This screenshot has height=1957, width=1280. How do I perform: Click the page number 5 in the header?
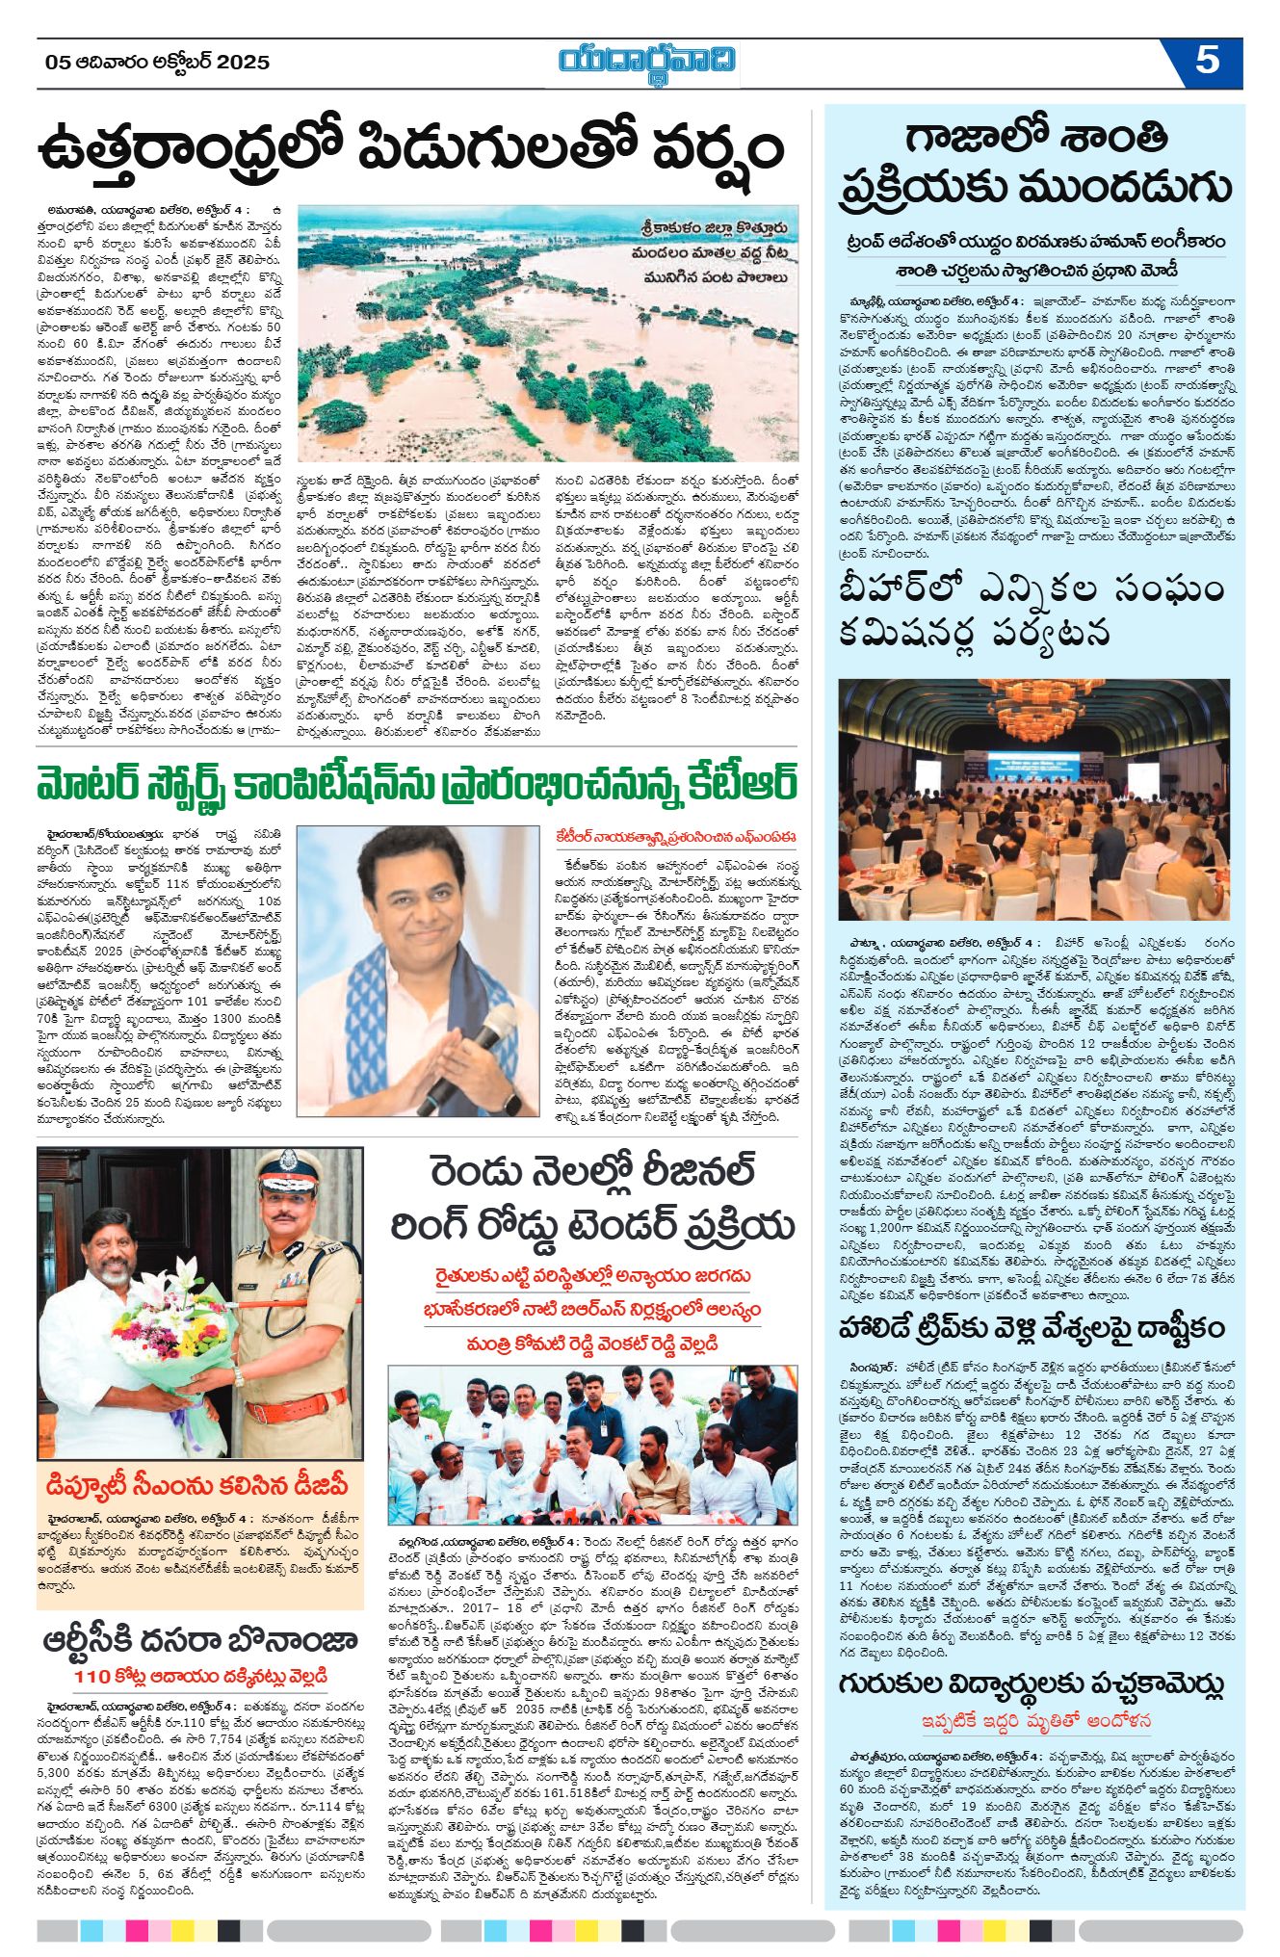point(1207,62)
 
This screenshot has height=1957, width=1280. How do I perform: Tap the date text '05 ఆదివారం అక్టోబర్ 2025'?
point(158,63)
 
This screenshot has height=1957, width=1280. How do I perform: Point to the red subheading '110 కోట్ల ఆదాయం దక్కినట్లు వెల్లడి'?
point(200,1677)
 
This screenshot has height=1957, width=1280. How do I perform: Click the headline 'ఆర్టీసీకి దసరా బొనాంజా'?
point(200,1640)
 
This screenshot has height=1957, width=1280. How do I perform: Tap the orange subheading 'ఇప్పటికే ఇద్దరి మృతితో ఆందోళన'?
point(1033,1721)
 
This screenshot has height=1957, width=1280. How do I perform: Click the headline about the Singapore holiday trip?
point(1033,1328)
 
